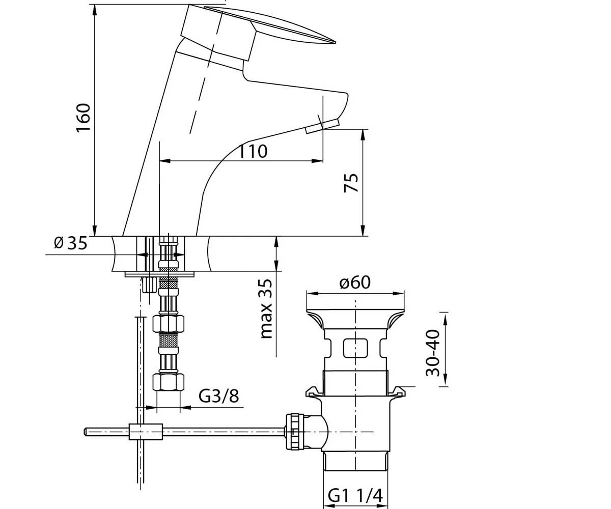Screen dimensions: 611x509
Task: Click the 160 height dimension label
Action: click(83, 118)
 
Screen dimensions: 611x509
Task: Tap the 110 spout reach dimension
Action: click(253, 152)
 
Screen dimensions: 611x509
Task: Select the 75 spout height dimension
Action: click(351, 183)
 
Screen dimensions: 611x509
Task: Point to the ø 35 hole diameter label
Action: click(71, 243)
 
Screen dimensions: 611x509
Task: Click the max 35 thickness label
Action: click(266, 308)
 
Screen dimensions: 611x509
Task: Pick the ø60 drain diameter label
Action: click(355, 282)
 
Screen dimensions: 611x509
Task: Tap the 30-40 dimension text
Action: click(432, 353)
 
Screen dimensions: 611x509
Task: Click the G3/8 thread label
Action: click(219, 396)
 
